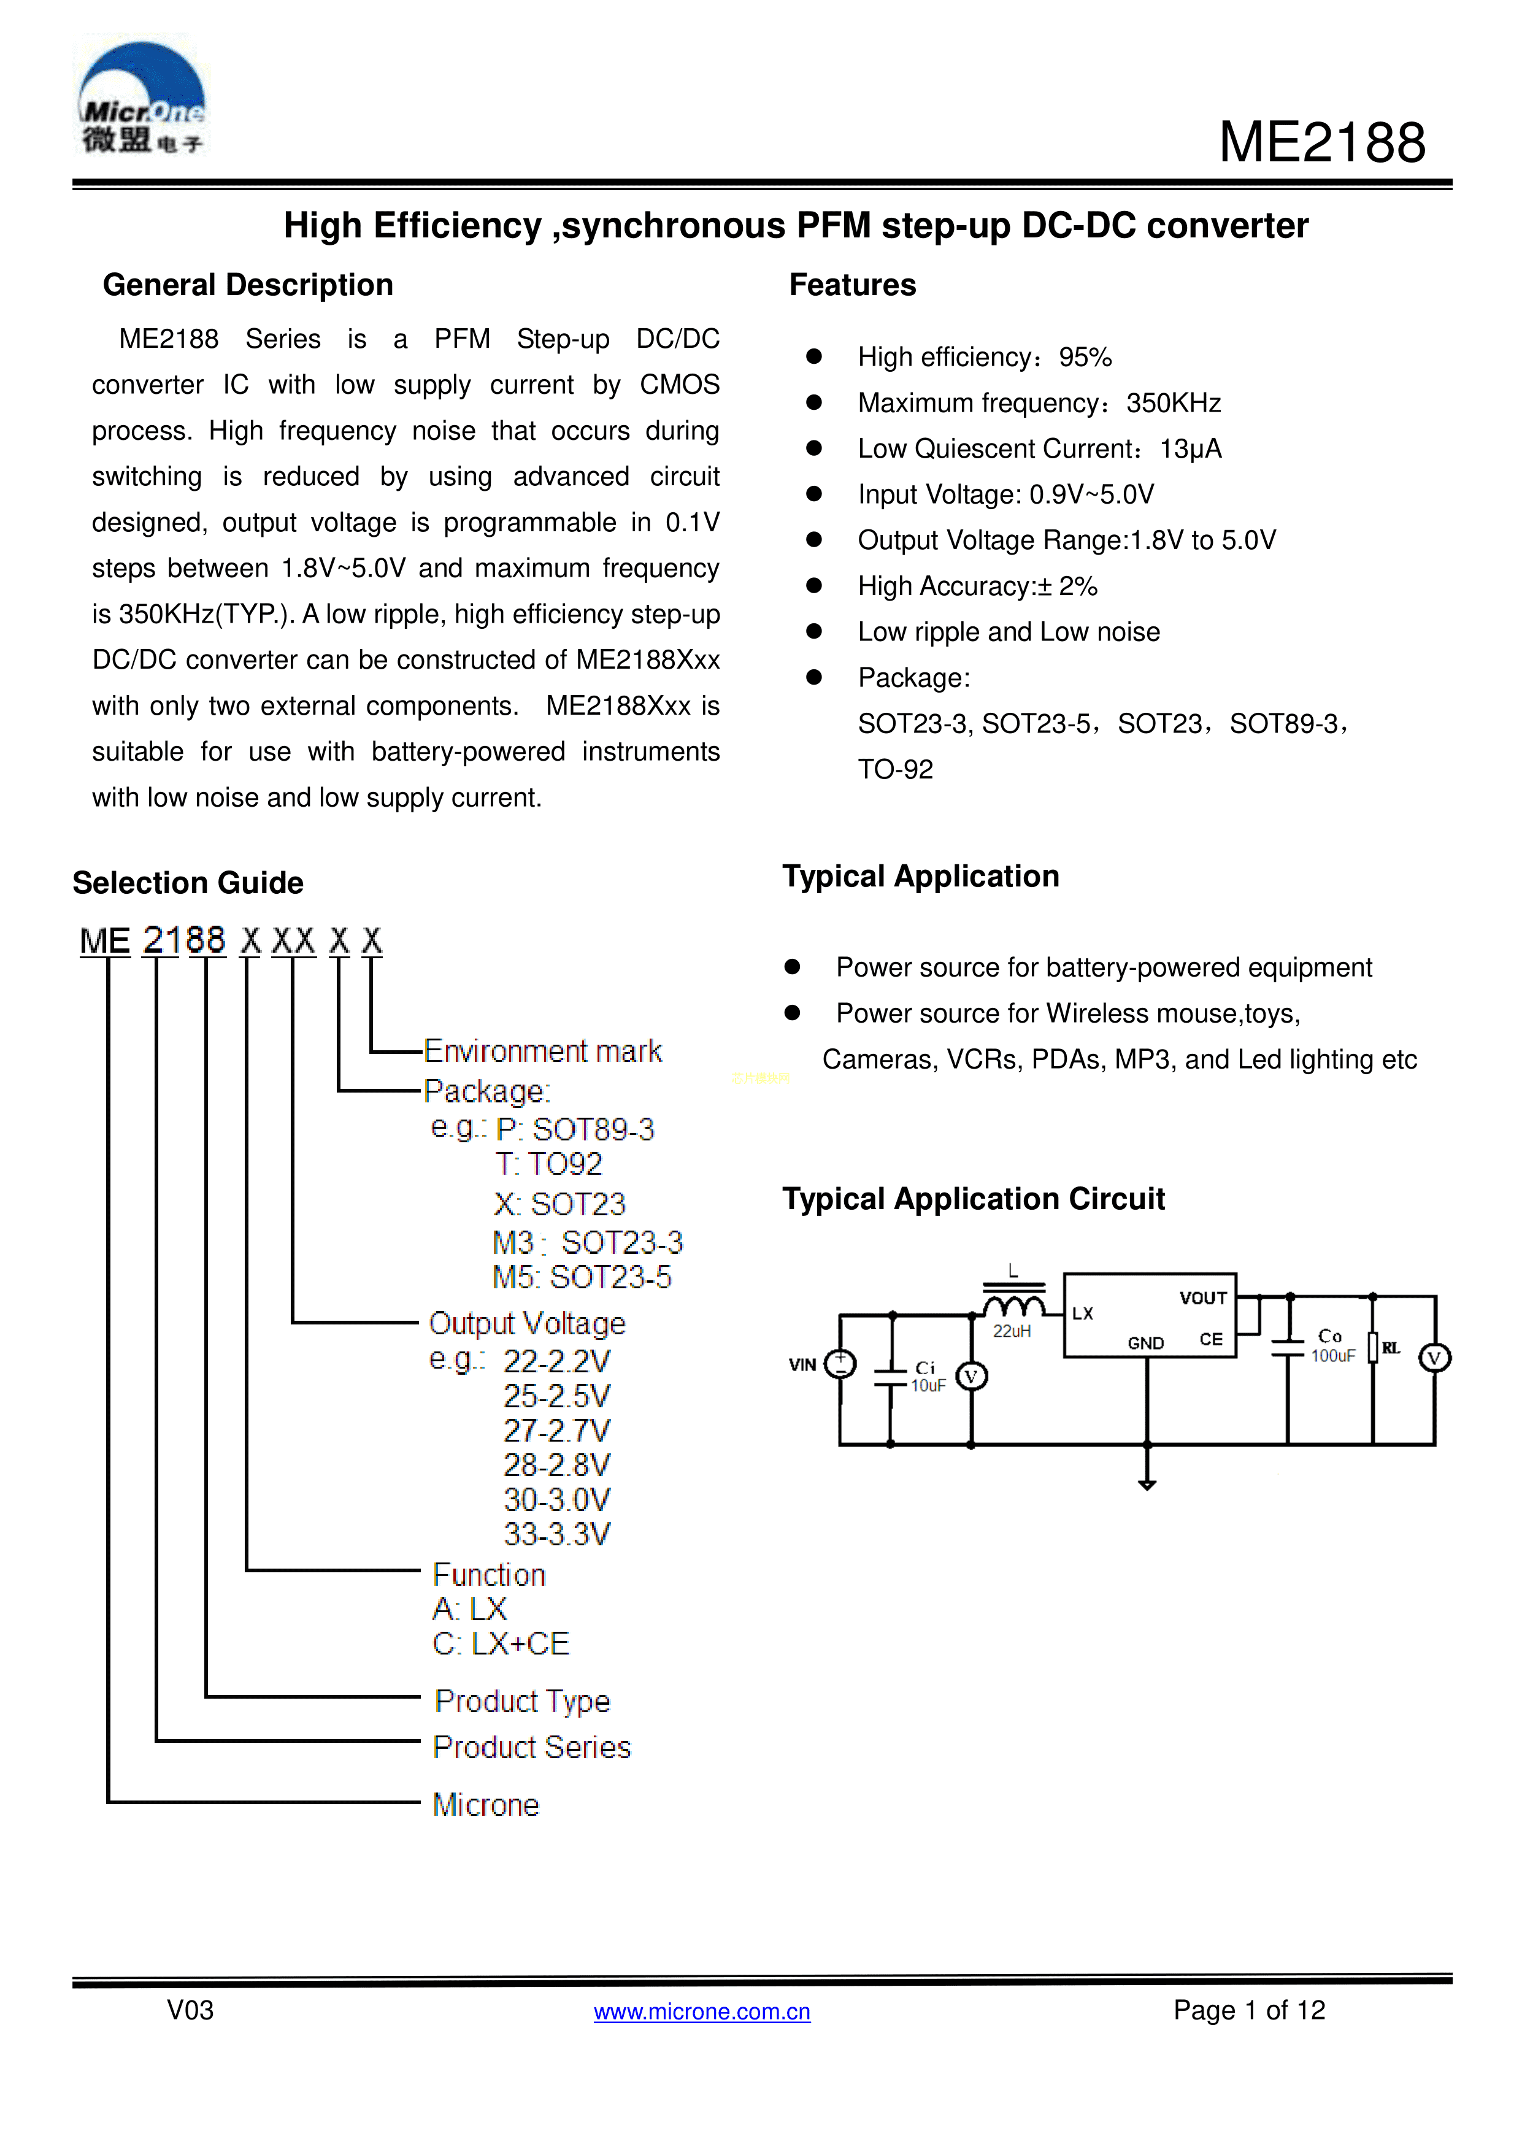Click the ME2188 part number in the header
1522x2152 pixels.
[1321, 144]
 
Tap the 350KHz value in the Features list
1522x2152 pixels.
[1174, 403]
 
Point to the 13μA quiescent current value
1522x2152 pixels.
[1190, 449]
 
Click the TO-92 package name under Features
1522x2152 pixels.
[895, 769]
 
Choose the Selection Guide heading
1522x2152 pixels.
[188, 883]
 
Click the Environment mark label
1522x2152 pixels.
[543, 1051]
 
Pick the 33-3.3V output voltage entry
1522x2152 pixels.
[556, 1534]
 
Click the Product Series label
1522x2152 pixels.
[531, 1747]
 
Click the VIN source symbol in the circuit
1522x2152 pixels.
[840, 1364]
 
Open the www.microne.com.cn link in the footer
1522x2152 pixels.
[702, 2012]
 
